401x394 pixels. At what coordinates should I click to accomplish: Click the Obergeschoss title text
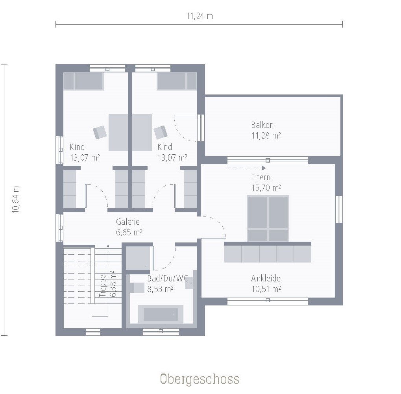point(200,379)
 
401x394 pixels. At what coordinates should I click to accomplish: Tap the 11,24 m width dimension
point(200,16)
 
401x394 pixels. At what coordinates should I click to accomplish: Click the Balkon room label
point(262,125)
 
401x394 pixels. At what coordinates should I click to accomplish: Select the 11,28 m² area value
point(266,136)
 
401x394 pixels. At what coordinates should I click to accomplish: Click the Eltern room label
point(261,177)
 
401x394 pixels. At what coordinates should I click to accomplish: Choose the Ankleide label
point(266,278)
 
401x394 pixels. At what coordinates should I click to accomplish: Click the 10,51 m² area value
point(266,289)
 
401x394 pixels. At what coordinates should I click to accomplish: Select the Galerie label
point(128,222)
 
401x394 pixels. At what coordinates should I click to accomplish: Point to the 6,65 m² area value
point(129,232)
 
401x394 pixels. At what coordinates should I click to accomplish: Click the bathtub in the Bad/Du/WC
point(161,314)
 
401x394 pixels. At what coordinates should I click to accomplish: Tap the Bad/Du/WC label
point(167,278)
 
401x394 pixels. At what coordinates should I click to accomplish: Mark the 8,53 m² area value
point(161,289)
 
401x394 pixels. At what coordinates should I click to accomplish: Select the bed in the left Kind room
point(83,81)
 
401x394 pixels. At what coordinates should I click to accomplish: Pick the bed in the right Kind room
point(177,81)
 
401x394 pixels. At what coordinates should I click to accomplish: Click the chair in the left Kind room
point(100,132)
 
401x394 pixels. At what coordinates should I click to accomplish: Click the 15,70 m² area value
point(266,188)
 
